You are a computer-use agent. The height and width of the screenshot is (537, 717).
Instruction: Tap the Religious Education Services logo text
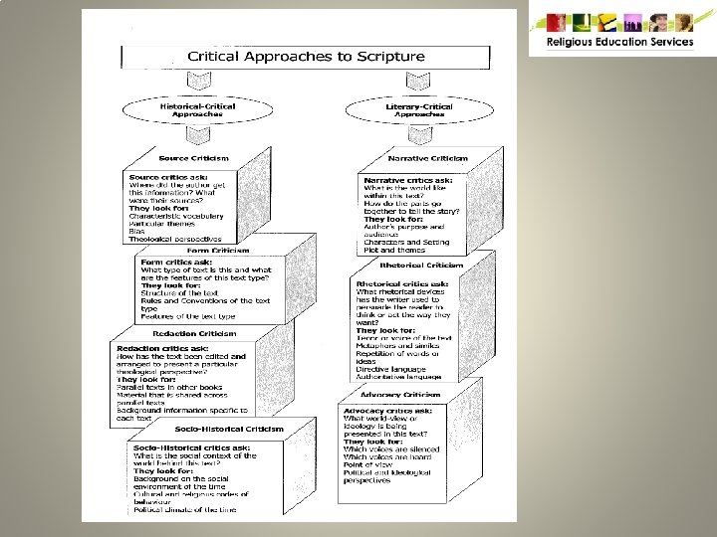[619, 42]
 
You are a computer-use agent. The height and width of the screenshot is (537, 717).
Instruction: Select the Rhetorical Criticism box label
[430, 266]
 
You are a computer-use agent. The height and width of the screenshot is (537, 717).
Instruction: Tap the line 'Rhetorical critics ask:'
[402, 284]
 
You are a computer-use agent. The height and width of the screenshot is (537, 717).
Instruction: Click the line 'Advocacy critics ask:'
[387, 411]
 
